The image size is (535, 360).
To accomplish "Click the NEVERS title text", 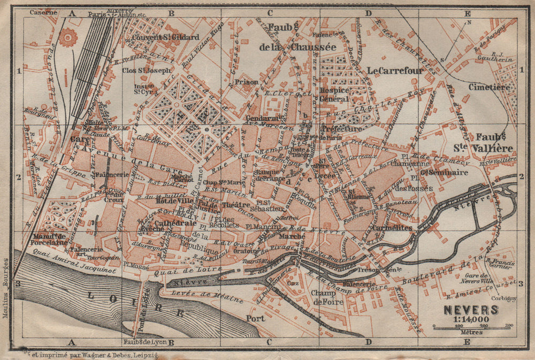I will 470,310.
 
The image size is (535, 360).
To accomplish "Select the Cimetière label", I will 487,86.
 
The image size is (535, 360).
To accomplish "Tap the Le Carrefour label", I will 395,70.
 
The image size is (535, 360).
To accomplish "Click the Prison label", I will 247,83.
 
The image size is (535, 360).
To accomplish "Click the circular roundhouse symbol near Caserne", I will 68,37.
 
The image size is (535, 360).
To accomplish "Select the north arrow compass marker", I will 455,40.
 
